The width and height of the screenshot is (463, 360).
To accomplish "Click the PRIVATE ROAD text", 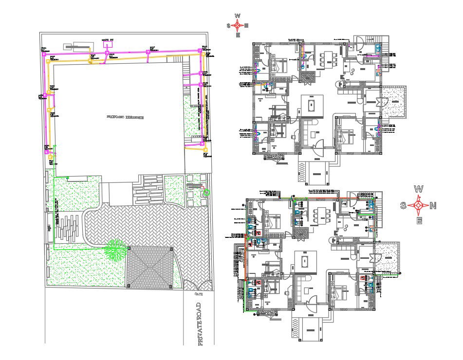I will pyautogui.click(x=199, y=324).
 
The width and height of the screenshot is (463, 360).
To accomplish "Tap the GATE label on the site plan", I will pyautogui.click(x=198, y=294).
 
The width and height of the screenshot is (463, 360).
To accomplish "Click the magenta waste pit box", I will pyautogui.click(x=106, y=44).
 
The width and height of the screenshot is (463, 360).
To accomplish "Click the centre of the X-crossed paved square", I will pyautogui.click(x=150, y=268).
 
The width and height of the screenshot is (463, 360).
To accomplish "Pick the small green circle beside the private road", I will pyautogui.click(x=206, y=193).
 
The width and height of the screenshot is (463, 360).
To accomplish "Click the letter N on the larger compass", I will pyautogui.click(x=433, y=206).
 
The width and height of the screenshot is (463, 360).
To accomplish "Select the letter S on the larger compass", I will pyautogui.click(x=404, y=206).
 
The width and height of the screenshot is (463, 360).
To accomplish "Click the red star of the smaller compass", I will pyautogui.click(x=238, y=25).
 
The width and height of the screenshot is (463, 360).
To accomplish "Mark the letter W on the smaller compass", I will pyautogui.click(x=238, y=16).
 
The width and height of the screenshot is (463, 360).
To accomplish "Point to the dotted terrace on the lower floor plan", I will pyautogui.click(x=389, y=258).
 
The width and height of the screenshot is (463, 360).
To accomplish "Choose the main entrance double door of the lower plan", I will pyautogui.click(x=312, y=304).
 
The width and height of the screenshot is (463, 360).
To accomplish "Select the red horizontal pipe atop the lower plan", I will pyautogui.click(x=316, y=198).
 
